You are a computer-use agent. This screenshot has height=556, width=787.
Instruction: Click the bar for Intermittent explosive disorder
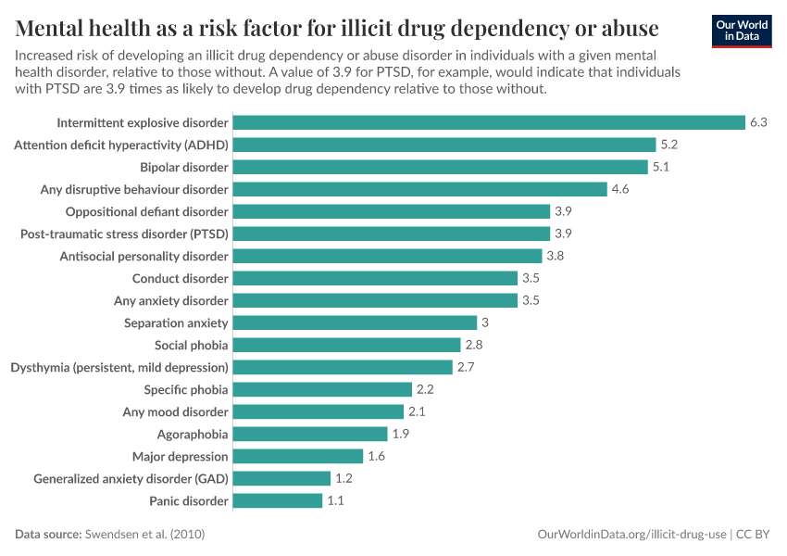(x=489, y=122)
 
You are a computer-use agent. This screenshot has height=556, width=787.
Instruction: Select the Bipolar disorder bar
(x=440, y=167)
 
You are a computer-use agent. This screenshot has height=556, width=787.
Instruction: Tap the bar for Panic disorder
(x=278, y=500)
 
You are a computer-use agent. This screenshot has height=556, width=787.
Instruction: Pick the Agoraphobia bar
(x=310, y=434)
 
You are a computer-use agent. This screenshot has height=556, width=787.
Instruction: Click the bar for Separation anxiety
(x=355, y=322)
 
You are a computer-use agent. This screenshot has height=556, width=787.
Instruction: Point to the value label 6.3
(x=759, y=122)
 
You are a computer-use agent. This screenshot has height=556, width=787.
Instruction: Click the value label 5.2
(x=669, y=145)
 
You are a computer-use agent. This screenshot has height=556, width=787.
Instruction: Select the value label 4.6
(x=620, y=189)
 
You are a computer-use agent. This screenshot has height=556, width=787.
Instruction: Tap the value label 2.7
(x=466, y=367)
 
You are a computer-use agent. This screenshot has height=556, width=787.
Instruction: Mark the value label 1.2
(x=344, y=478)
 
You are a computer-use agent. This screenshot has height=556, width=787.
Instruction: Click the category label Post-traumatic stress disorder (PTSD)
(x=124, y=234)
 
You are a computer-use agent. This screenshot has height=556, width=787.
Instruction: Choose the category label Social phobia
(x=191, y=345)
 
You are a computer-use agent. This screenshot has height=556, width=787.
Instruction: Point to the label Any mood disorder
(x=175, y=411)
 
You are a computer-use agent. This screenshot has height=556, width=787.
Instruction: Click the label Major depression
(x=180, y=456)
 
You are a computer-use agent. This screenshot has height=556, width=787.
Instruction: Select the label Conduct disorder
(x=180, y=278)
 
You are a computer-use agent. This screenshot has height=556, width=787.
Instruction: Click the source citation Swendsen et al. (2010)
(x=144, y=535)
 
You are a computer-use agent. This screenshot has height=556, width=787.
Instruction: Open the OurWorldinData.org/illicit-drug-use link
(x=632, y=535)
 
